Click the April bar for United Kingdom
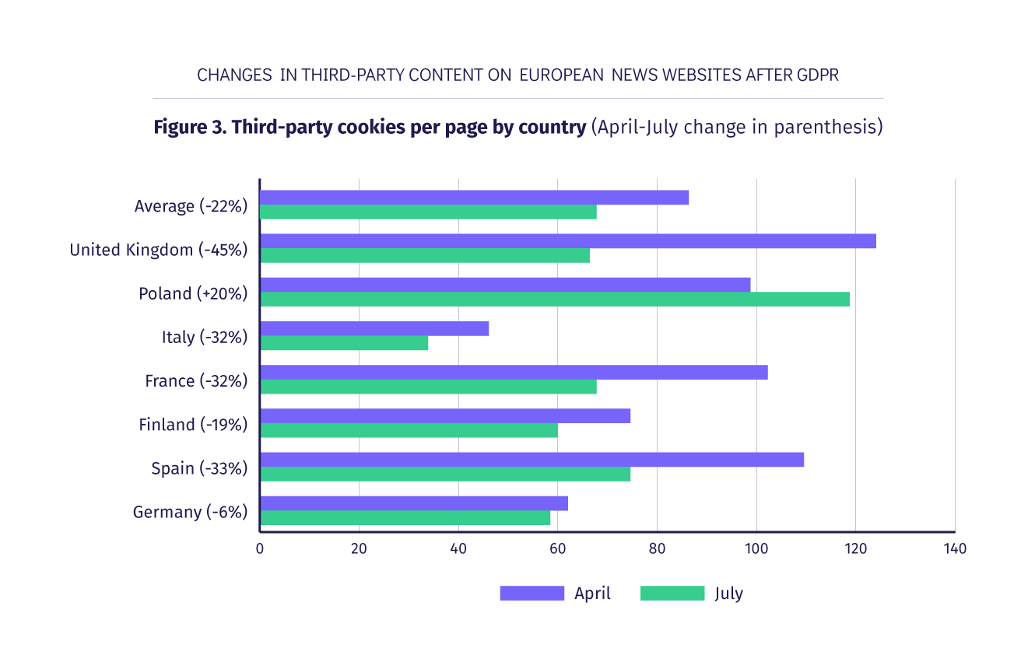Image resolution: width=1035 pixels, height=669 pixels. (567, 241)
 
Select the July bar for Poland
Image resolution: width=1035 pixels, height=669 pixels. (554, 299)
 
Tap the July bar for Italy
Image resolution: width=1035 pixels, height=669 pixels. (344, 343)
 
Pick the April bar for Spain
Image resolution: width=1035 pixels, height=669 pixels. (532, 460)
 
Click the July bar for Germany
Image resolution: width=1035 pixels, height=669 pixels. (405, 518)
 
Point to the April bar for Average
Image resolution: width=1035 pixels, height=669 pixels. (474, 198)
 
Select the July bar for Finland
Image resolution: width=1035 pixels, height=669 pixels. (409, 431)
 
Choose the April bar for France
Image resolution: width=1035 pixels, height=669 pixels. (514, 373)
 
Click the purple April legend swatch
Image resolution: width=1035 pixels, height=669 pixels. (532, 594)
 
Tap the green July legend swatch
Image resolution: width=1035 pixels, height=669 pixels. (672, 594)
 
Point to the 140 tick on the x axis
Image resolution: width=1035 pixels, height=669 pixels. (955, 549)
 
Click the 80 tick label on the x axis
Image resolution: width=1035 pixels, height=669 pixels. (657, 549)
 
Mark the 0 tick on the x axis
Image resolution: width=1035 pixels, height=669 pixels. (260, 549)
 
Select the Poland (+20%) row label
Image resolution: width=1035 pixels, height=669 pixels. (193, 293)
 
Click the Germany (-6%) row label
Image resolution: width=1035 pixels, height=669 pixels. (190, 512)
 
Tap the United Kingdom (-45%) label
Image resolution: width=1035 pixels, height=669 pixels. (159, 250)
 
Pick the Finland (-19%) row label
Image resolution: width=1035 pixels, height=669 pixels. (193, 425)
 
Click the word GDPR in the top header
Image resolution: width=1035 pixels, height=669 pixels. (816, 75)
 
